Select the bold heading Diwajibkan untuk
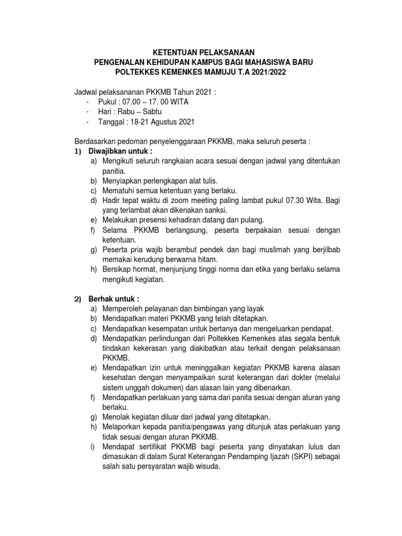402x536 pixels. [117, 151]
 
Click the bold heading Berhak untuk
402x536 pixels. [111, 299]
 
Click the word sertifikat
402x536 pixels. [151, 446]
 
